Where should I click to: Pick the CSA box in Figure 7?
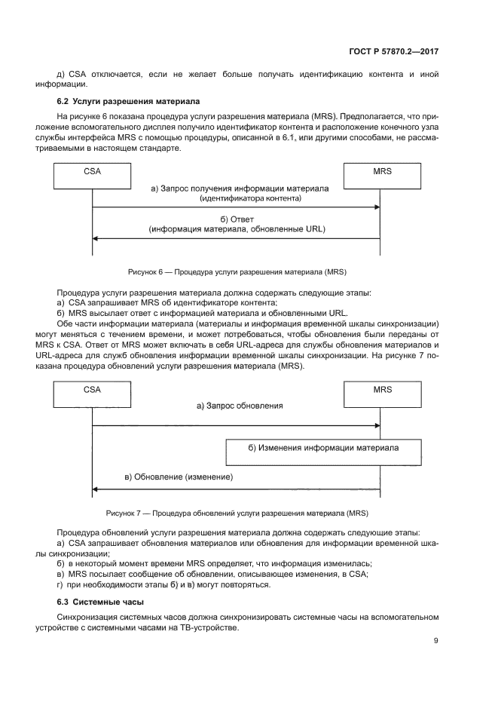coord(92,394)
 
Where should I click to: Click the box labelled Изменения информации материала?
coord(323,451)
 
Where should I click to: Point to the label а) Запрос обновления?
coord(240,406)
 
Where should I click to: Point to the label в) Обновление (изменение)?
coord(179,477)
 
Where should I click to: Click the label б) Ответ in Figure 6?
coord(237,219)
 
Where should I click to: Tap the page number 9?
coord(435,641)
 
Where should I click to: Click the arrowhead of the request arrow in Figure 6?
coord(376,207)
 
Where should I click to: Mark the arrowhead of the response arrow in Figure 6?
coord(96,238)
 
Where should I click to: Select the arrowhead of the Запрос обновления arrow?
coord(376,426)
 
